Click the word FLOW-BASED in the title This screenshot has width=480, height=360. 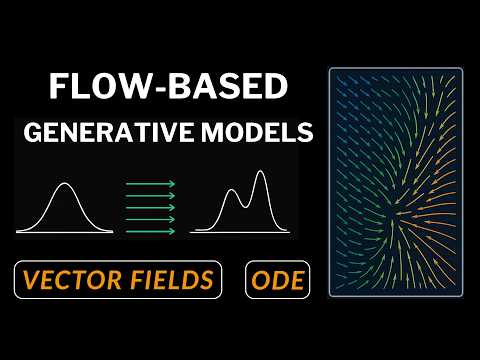pos(163,87)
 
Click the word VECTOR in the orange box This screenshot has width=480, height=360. pos(72,281)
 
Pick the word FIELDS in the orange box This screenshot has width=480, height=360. pos(172,281)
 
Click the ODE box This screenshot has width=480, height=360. pos(274,281)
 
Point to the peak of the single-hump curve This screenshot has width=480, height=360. pos(65,184)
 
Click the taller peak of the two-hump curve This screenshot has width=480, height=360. pos(261,173)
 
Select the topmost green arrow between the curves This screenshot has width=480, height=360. pos(150,183)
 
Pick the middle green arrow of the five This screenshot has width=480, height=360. pos(150,206)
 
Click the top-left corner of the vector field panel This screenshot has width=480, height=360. pos(330,70)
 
